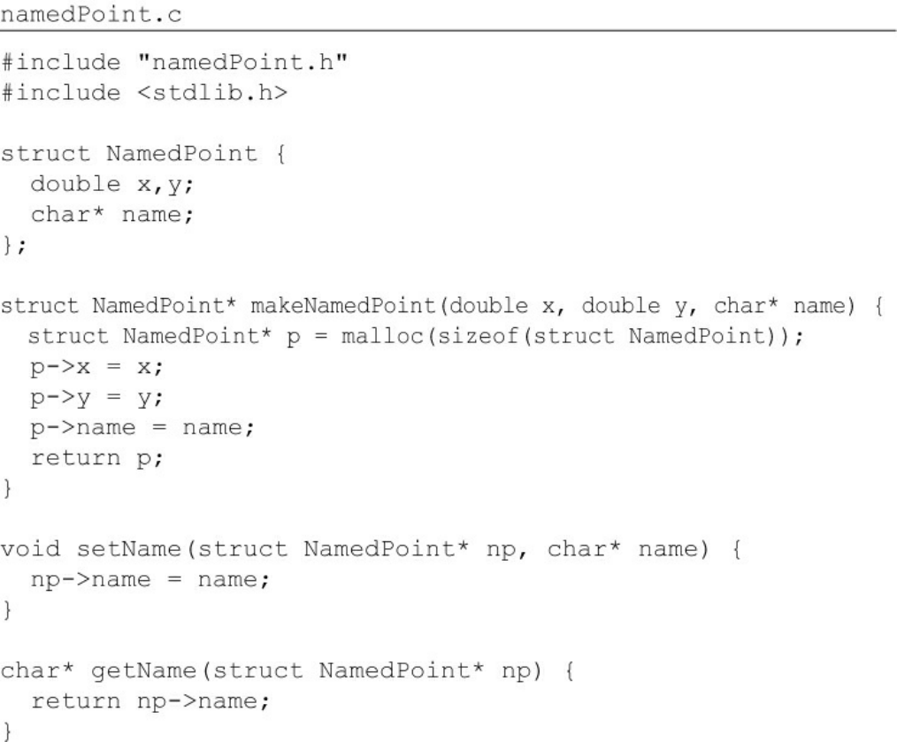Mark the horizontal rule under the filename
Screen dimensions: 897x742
(x=448, y=34)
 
